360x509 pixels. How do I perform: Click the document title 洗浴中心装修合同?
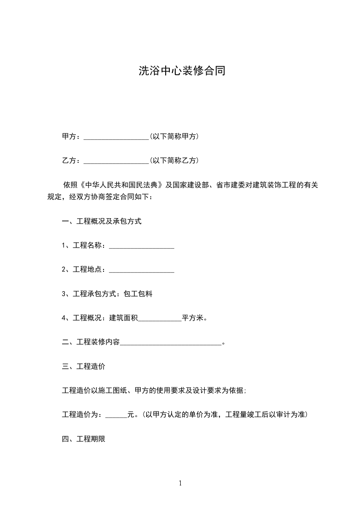coord(182,71)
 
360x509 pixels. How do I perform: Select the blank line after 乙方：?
coord(116,161)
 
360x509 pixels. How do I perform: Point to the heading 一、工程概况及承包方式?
coord(102,222)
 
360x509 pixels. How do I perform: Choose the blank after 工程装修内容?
coord(171,343)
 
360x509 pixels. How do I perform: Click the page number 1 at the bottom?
coord(180,483)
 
